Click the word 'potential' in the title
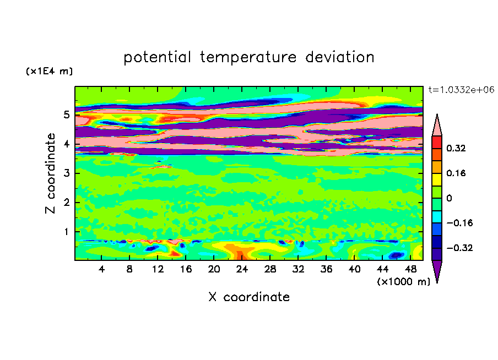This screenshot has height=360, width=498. tap(157, 58)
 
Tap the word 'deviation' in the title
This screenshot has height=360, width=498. tap(339, 57)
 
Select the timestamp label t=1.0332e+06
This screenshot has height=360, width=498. tap(461, 90)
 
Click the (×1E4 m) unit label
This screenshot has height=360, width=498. tap(49, 71)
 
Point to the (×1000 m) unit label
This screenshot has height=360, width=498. tap(403, 281)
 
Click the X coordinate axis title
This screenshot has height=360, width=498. tap(249, 297)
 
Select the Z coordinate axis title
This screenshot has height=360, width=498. tap(50, 173)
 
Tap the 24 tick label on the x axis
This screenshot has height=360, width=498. tap(242, 269)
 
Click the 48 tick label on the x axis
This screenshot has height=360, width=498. tap(410, 269)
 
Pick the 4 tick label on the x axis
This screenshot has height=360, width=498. tap(101, 269)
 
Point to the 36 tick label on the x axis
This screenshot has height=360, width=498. tap(326, 269)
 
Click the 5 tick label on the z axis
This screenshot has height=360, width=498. tap(66, 114)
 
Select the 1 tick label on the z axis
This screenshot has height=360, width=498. tap(66, 232)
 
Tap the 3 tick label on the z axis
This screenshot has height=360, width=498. tap(66, 173)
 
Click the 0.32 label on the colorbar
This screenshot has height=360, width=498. tap(456, 148)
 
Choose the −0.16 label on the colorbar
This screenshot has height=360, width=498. tap(459, 223)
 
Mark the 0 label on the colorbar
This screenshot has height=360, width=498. tap(449, 198)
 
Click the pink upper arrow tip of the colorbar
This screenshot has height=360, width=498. tap(437, 114)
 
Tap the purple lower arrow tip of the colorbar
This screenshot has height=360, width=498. tap(437, 282)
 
